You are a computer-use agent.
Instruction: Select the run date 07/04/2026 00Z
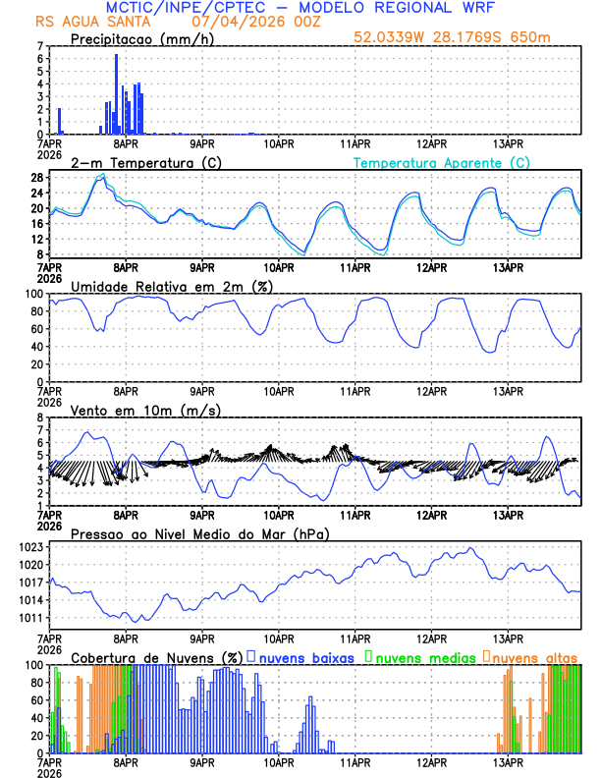(245, 21)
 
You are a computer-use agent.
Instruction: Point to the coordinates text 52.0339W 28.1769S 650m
(465, 37)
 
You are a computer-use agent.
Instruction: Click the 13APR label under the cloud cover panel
(508, 760)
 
